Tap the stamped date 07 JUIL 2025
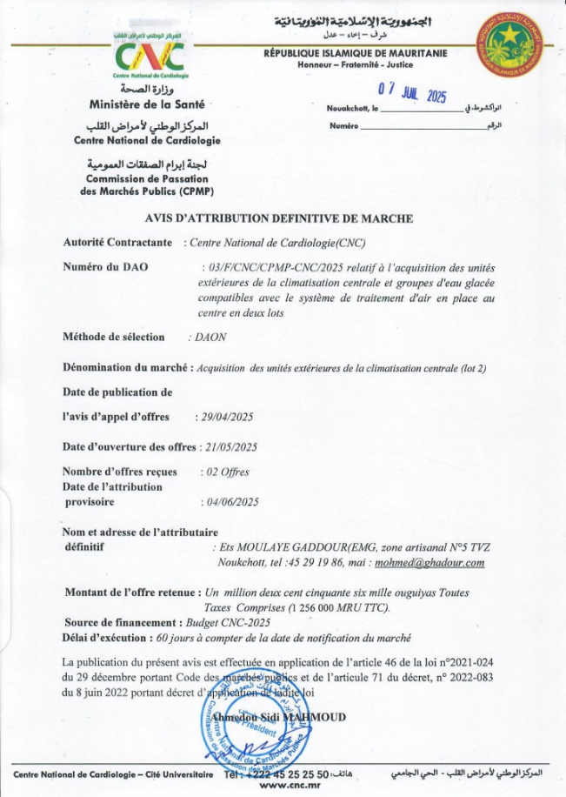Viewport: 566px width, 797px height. click(x=411, y=91)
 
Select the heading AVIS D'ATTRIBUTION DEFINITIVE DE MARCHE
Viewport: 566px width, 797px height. click(x=278, y=218)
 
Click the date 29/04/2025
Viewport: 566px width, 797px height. click(x=226, y=418)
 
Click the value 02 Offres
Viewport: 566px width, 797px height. click(x=225, y=472)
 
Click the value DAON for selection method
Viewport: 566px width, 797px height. click(x=206, y=337)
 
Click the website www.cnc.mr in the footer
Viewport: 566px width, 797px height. click(x=286, y=786)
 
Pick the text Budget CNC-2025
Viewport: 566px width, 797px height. click(x=229, y=623)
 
